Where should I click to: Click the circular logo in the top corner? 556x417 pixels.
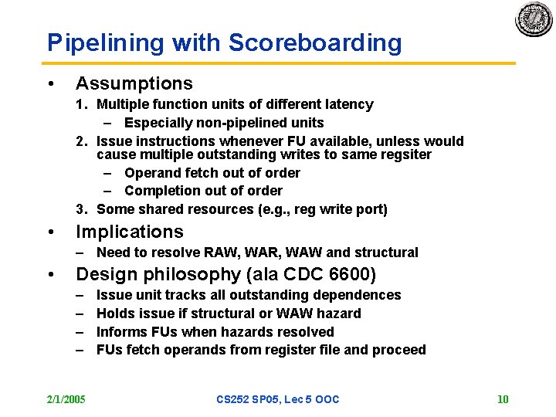tap(534, 19)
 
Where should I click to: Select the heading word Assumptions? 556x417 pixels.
tap(134, 83)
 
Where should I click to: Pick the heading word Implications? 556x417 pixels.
tap(130, 232)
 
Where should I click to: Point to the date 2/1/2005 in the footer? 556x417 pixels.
tap(66, 399)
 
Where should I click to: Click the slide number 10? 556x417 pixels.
tap(503, 399)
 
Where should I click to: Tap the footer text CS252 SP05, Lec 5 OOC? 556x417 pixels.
tap(278, 399)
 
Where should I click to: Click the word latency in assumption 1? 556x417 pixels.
tap(348, 104)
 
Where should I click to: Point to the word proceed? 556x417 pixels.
tap(399, 350)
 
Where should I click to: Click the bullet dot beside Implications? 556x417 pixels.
tap(50, 232)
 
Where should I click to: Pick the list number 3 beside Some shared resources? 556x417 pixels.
tap(80, 209)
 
